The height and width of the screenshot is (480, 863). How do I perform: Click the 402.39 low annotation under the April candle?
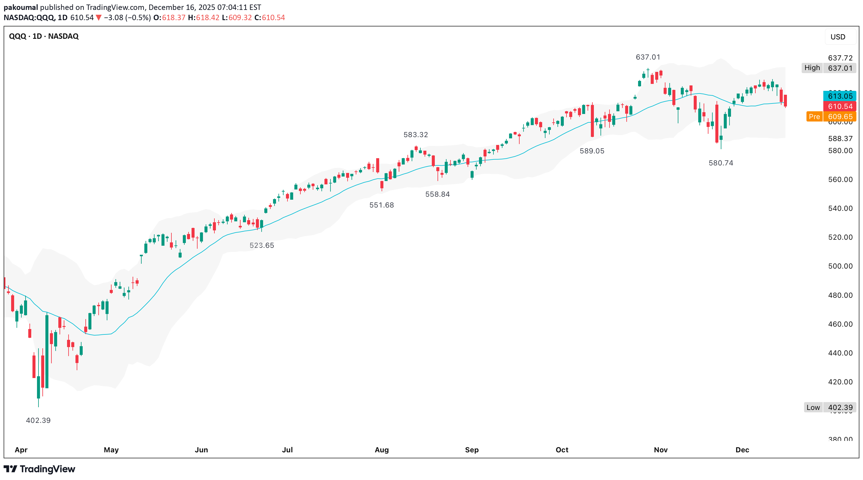click(x=38, y=420)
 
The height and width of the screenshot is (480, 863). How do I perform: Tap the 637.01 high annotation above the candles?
click(x=648, y=57)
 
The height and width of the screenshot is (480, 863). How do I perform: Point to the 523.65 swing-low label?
click(x=262, y=245)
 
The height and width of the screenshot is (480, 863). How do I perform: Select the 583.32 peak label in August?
click(x=416, y=135)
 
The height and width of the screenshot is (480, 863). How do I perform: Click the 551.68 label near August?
click(x=381, y=205)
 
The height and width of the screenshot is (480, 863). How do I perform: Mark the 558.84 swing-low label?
click(x=437, y=194)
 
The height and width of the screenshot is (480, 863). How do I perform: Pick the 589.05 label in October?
click(x=592, y=151)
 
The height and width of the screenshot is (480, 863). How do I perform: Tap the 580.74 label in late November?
click(x=720, y=163)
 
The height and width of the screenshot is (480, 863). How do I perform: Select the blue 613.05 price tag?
click(x=840, y=96)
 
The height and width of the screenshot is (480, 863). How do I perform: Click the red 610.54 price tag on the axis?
click(x=840, y=106)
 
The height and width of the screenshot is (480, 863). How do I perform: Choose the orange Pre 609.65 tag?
click(x=831, y=117)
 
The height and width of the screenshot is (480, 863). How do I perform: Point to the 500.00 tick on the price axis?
click(x=840, y=266)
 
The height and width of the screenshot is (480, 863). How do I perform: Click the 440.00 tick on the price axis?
click(x=840, y=353)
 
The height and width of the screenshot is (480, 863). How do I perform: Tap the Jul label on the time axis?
click(x=287, y=450)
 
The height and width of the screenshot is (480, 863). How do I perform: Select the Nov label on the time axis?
click(x=661, y=450)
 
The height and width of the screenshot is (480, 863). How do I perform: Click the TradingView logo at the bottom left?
click(x=39, y=469)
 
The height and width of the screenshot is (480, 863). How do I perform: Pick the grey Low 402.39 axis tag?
click(x=830, y=407)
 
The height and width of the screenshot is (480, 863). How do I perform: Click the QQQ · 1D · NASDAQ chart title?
click(x=44, y=36)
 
